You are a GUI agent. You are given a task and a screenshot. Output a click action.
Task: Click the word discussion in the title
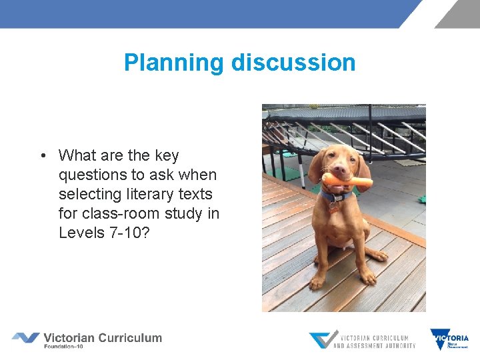(x=293, y=63)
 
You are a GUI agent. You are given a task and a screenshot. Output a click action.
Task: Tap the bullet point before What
(x=42, y=156)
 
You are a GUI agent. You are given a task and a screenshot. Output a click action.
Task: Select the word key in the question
(x=166, y=156)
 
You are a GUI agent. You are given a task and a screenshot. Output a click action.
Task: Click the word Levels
(x=79, y=233)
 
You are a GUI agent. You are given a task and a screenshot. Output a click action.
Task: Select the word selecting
(x=87, y=194)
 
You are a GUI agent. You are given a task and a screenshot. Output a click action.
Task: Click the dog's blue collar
(x=337, y=196)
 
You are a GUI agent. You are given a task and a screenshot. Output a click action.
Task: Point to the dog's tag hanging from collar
(x=333, y=205)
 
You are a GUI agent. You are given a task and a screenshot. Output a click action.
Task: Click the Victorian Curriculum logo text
(x=103, y=337)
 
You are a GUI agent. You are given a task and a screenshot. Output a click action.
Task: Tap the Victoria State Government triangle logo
(x=439, y=339)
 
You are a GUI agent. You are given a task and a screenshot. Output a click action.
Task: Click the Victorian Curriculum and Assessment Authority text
(x=374, y=341)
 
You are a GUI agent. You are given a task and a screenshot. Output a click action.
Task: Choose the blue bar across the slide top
(x=200, y=13)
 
